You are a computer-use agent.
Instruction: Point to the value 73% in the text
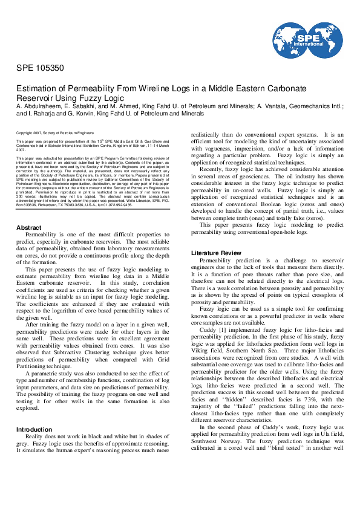[x=303, y=390]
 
